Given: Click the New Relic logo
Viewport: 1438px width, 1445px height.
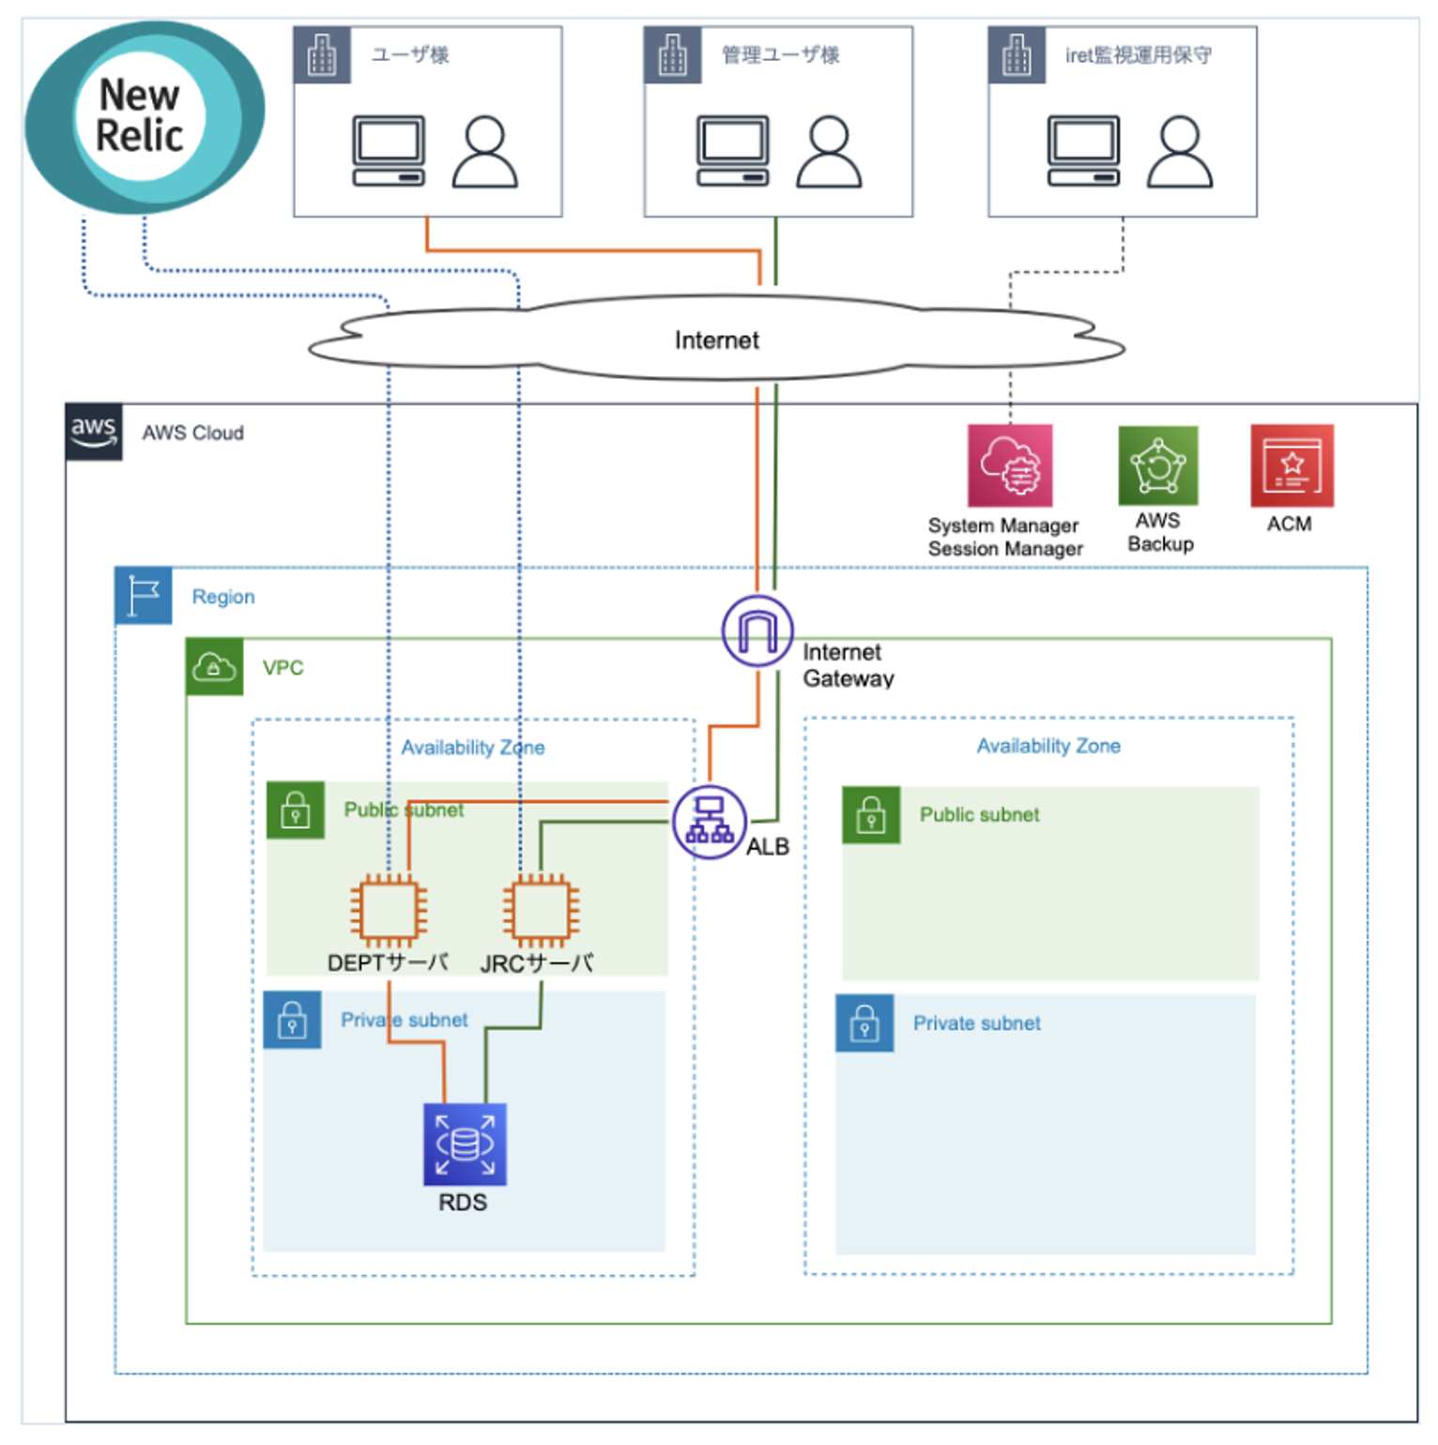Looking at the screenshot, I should click(x=143, y=116).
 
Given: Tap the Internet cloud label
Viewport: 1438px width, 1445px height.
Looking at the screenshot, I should click(x=716, y=340).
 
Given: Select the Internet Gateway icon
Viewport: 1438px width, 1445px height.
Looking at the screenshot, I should click(x=757, y=631).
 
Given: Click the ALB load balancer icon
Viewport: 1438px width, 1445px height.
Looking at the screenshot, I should click(x=710, y=822).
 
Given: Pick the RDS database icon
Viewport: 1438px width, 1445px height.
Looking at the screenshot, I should click(x=465, y=1144).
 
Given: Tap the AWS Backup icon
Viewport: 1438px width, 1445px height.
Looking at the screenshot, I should click(x=1158, y=465).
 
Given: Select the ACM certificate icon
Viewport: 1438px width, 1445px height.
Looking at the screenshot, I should click(x=1292, y=465).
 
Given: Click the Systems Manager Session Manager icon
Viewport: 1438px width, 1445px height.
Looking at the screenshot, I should click(x=1010, y=465).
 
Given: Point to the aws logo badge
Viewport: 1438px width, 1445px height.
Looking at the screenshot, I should click(x=94, y=432).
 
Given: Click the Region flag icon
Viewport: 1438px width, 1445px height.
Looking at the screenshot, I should click(x=144, y=596).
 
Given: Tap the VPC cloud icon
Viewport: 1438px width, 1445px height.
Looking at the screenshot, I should click(x=214, y=667).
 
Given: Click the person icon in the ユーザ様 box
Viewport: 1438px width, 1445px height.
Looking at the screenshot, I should click(x=484, y=152).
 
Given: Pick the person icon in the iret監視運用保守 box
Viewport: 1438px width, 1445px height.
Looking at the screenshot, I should click(x=1180, y=152).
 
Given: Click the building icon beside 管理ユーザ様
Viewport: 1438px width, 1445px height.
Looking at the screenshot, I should click(x=672, y=55).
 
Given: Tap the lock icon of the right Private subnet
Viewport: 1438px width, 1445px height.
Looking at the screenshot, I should click(x=864, y=1023).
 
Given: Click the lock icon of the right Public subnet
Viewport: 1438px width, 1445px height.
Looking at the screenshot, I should click(x=871, y=814).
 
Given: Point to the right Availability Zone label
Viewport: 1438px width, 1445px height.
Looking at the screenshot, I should click(x=1048, y=746).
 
